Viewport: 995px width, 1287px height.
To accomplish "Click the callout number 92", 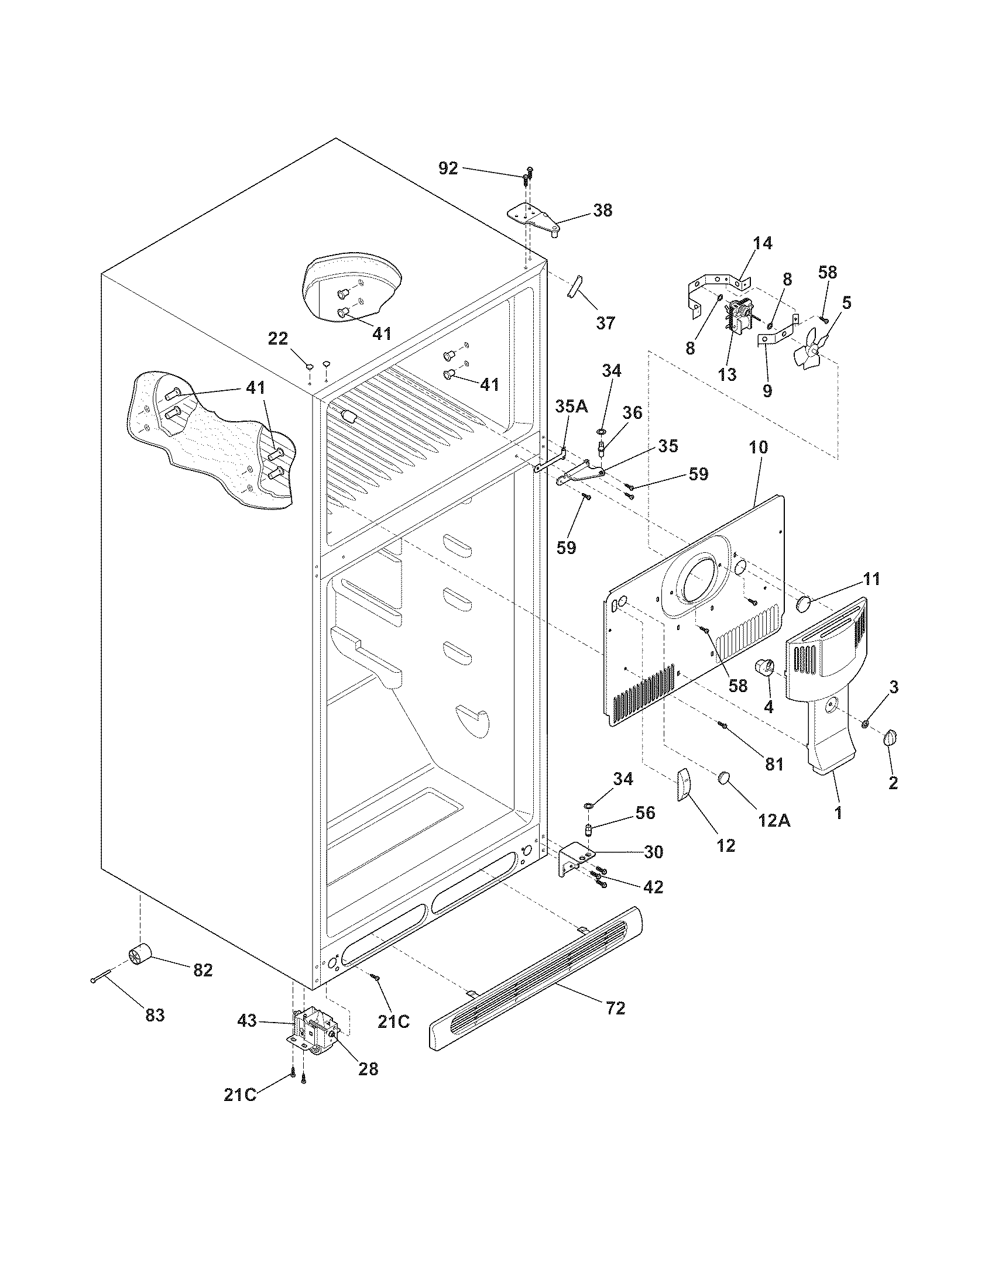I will coord(448,168).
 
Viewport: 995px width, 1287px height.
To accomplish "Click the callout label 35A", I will coord(571,407).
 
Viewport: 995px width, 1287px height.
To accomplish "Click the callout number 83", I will coord(155,1016).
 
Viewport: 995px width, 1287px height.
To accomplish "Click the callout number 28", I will coord(368,1069).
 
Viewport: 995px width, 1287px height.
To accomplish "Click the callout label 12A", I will coord(774,820).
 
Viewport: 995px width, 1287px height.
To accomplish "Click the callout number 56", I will coord(646,813).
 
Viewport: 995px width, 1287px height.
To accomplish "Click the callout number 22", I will coord(278,339).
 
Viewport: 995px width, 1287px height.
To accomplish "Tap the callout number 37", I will coord(605,322).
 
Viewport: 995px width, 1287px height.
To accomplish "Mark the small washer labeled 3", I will coord(864,723).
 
